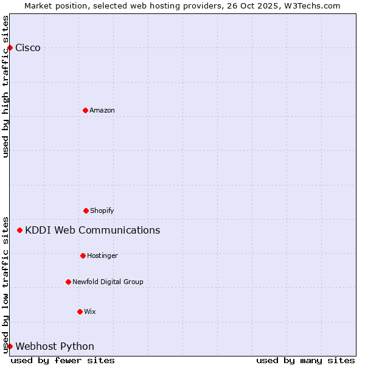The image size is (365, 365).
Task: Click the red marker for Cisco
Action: pyautogui.click(x=10, y=47)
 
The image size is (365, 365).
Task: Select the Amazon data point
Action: pyautogui.click(x=85, y=110)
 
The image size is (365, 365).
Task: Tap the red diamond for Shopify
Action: pyautogui.click(x=86, y=210)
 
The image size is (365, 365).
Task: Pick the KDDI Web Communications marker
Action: pyautogui.click(x=20, y=230)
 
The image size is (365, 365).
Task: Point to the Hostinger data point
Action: pyautogui.click(x=83, y=255)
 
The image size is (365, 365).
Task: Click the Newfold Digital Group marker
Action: pyautogui.click(x=68, y=282)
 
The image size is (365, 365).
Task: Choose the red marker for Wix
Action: pyautogui.click(x=80, y=311)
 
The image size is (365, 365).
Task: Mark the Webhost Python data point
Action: pyautogui.click(x=10, y=346)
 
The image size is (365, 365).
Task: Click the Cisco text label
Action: pyautogui.click(x=28, y=48)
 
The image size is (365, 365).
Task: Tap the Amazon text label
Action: pyautogui.click(x=102, y=111)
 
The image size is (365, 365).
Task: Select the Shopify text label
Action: pyautogui.click(x=102, y=211)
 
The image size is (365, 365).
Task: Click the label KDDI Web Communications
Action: pyautogui.click(x=92, y=231)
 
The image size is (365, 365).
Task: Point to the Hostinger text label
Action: pyautogui.click(x=102, y=256)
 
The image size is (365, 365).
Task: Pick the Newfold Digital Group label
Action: pyautogui.click(x=108, y=282)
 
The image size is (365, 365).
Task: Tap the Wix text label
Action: pyautogui.click(x=90, y=312)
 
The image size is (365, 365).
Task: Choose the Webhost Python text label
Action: pyautogui.click(x=55, y=347)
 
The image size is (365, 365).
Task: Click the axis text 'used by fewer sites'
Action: pyautogui.click(x=63, y=360)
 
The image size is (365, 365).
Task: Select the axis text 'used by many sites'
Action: pyautogui.click(x=305, y=360)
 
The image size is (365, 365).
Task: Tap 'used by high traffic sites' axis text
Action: pyautogui.click(x=6, y=86)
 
